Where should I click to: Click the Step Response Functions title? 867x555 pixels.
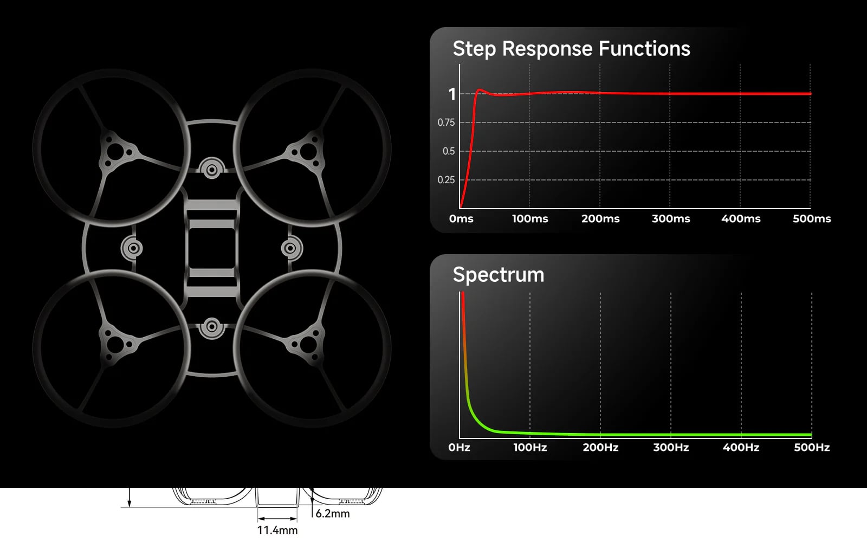[571, 49]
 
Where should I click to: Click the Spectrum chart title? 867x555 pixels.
[499, 275]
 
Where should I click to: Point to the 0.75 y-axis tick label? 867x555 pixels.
[446, 122]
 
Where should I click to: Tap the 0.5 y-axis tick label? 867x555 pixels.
[449, 151]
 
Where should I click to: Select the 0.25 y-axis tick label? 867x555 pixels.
[446, 179]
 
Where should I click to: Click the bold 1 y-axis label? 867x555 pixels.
[452, 94]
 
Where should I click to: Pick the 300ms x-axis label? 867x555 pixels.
[671, 218]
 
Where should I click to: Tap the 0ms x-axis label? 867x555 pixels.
[461, 218]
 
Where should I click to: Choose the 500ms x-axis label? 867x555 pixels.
[812, 218]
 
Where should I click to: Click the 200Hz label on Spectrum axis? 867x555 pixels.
[600, 447]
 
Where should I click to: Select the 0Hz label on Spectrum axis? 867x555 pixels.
[459, 447]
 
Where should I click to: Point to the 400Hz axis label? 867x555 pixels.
[741, 447]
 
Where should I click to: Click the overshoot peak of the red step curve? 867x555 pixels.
[480, 90]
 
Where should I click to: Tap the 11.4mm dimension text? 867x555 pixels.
[277, 530]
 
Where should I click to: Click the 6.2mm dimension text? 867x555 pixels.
[333, 514]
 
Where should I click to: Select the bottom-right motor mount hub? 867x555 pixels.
[308, 344]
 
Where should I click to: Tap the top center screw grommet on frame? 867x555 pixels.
[212, 170]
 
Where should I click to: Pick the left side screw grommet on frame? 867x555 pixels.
[133, 248]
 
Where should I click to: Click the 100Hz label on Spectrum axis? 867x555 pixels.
[530, 447]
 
